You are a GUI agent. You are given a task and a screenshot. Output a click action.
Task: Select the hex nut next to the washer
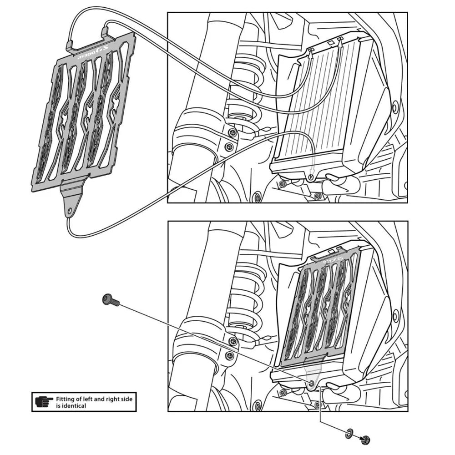(x=365, y=440)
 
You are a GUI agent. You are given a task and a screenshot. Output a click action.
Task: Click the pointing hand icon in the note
(x=44, y=402)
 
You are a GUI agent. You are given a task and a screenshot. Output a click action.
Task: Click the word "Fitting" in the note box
(x=65, y=399)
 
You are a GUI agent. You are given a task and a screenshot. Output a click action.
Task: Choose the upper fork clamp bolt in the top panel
(x=233, y=132)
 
